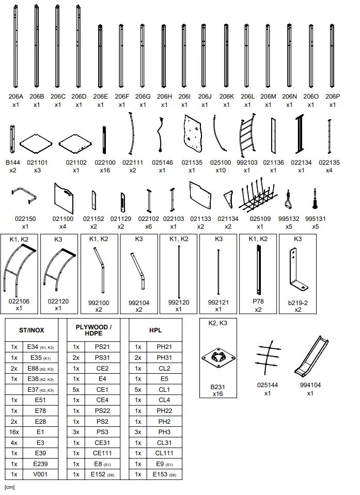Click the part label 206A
coord(15,96)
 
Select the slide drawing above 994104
coord(310,358)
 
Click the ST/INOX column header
coord(31,330)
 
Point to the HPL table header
coord(155,330)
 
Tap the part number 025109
coord(260,219)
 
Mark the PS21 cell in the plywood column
coord(102,347)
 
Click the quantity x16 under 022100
coord(105,170)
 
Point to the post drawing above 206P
coord(332,57)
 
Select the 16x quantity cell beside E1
coord(14,432)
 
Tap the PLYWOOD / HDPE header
coord(93,330)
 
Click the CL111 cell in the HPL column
coord(164,453)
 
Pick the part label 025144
coord(268,385)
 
